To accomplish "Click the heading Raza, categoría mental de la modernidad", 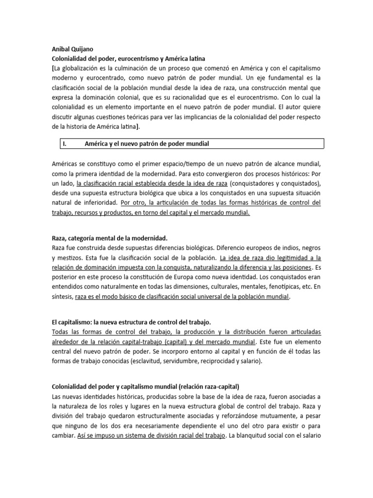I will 109,238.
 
